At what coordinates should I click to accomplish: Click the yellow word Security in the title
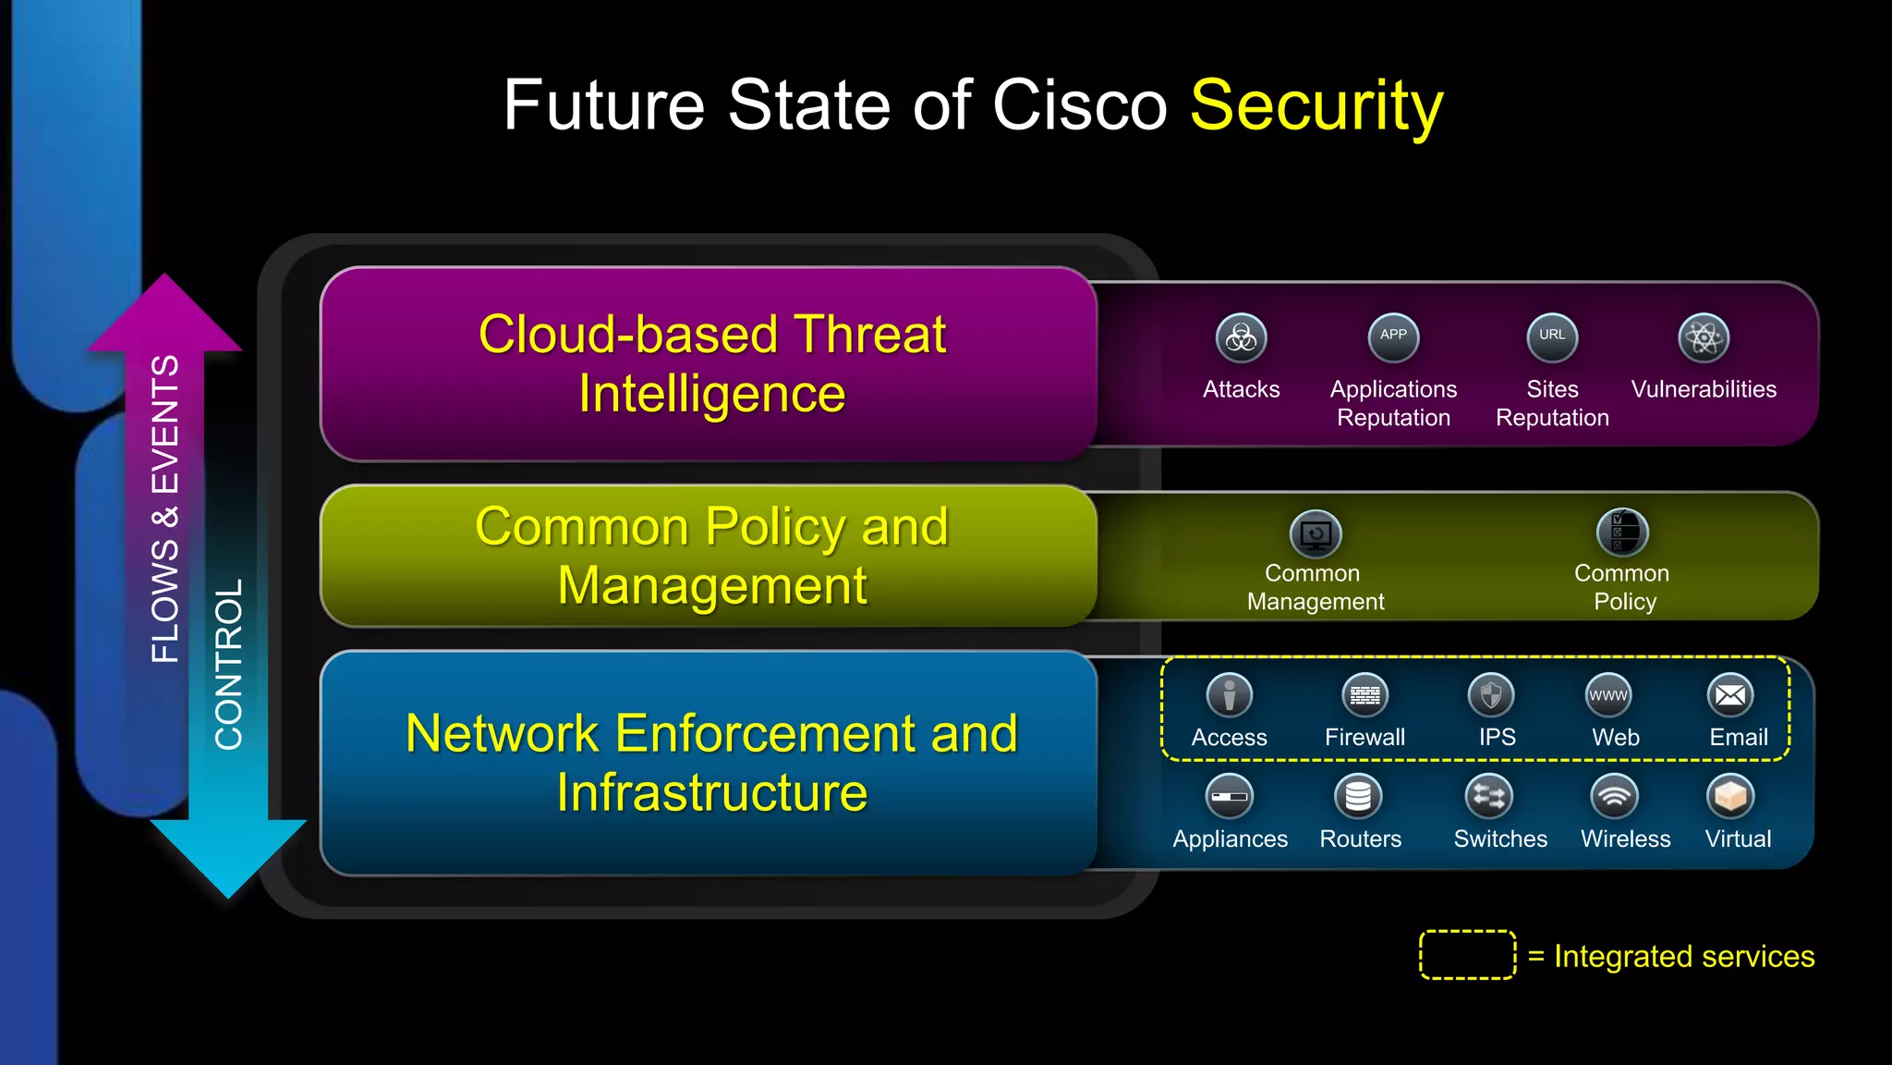tap(1316, 106)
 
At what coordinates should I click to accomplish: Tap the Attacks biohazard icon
tap(1241, 337)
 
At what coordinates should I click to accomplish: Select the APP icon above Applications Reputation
tap(1393, 337)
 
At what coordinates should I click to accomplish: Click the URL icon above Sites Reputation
tap(1552, 337)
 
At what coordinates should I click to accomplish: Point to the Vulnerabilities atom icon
tap(1704, 337)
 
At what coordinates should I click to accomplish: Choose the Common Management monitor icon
tap(1316, 533)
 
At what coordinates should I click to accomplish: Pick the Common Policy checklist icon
tap(1622, 532)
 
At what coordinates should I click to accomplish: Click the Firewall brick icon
tap(1364, 695)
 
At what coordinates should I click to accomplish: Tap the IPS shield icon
tap(1491, 695)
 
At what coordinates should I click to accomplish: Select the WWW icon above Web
tap(1608, 695)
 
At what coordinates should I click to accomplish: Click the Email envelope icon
tap(1730, 695)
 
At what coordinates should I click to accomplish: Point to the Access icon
tap(1230, 695)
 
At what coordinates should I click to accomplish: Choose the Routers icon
tap(1358, 796)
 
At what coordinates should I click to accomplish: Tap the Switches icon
tap(1489, 796)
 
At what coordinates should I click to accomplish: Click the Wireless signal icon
tap(1614, 796)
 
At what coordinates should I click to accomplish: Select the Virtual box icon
tap(1730, 796)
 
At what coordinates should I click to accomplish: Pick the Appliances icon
tap(1230, 796)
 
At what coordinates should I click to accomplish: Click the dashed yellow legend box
tap(1467, 954)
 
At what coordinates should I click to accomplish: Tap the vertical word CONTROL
tap(228, 664)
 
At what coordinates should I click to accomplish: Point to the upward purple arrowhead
tap(164, 314)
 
